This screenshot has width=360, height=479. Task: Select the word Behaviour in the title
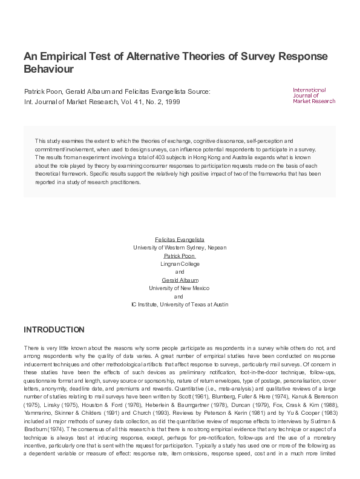tap(48, 69)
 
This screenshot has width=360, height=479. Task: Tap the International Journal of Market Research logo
tap(313, 95)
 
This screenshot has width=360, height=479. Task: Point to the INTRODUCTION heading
tap(54, 330)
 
